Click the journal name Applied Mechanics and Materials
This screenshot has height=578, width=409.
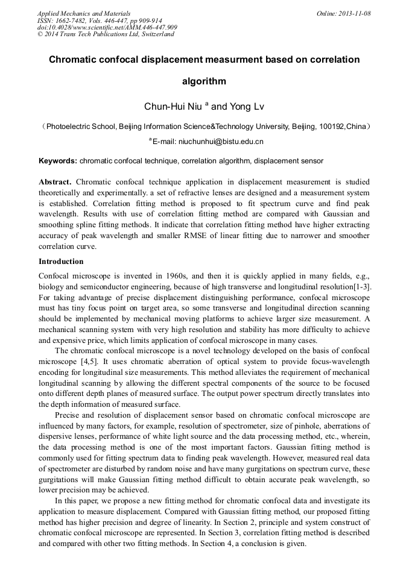tap(84, 13)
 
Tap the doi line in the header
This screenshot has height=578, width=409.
tap(107, 27)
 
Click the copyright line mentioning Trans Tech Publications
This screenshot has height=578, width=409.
tap(106, 34)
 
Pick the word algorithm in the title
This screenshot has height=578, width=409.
tap(204, 81)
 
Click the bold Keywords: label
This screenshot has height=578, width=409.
tap(58, 161)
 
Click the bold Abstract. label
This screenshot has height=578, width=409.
tap(55, 182)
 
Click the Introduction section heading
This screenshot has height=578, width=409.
tap(61, 262)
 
